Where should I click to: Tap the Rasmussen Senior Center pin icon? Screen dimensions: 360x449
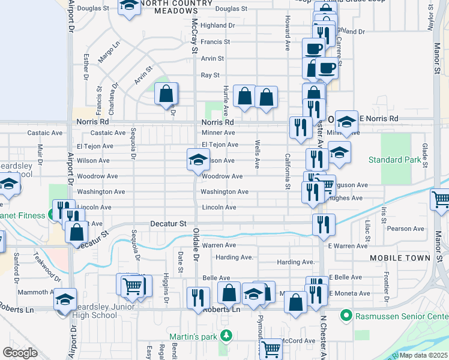(345, 315)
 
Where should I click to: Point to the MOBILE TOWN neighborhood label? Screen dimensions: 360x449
(400, 258)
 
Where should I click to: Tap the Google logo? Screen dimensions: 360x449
(20, 353)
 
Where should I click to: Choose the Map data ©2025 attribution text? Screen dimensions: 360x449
(423, 355)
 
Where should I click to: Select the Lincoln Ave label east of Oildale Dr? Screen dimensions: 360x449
(218, 208)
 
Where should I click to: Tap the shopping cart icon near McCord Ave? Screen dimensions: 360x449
(271, 348)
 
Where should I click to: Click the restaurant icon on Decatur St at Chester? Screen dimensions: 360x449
(324, 224)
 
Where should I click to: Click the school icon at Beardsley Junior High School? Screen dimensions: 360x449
(65, 299)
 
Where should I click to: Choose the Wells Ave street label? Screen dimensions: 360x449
(257, 154)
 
